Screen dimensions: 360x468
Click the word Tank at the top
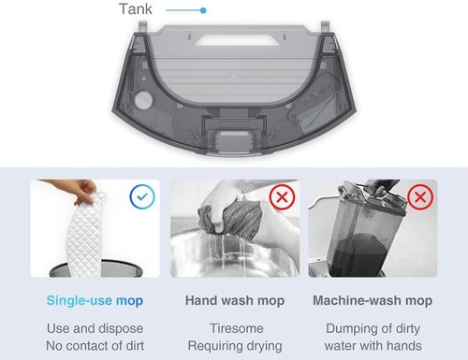click(135, 10)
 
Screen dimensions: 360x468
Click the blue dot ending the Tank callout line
click(203, 10)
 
